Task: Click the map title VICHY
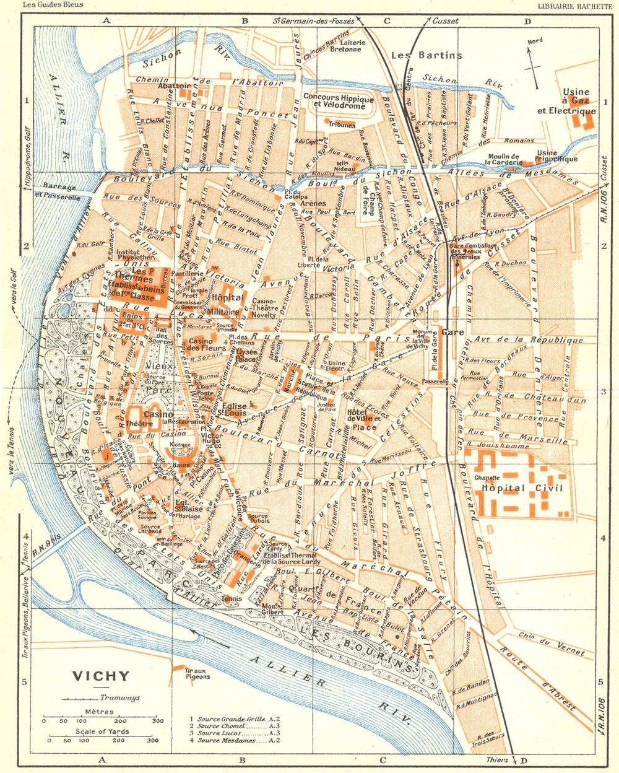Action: pyautogui.click(x=102, y=676)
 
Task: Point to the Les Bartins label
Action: pyautogui.click(x=426, y=55)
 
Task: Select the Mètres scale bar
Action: pyautogui.click(x=99, y=720)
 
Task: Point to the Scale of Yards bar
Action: pyautogui.click(x=99, y=740)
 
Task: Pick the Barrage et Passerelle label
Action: pyautogui.click(x=56, y=192)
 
